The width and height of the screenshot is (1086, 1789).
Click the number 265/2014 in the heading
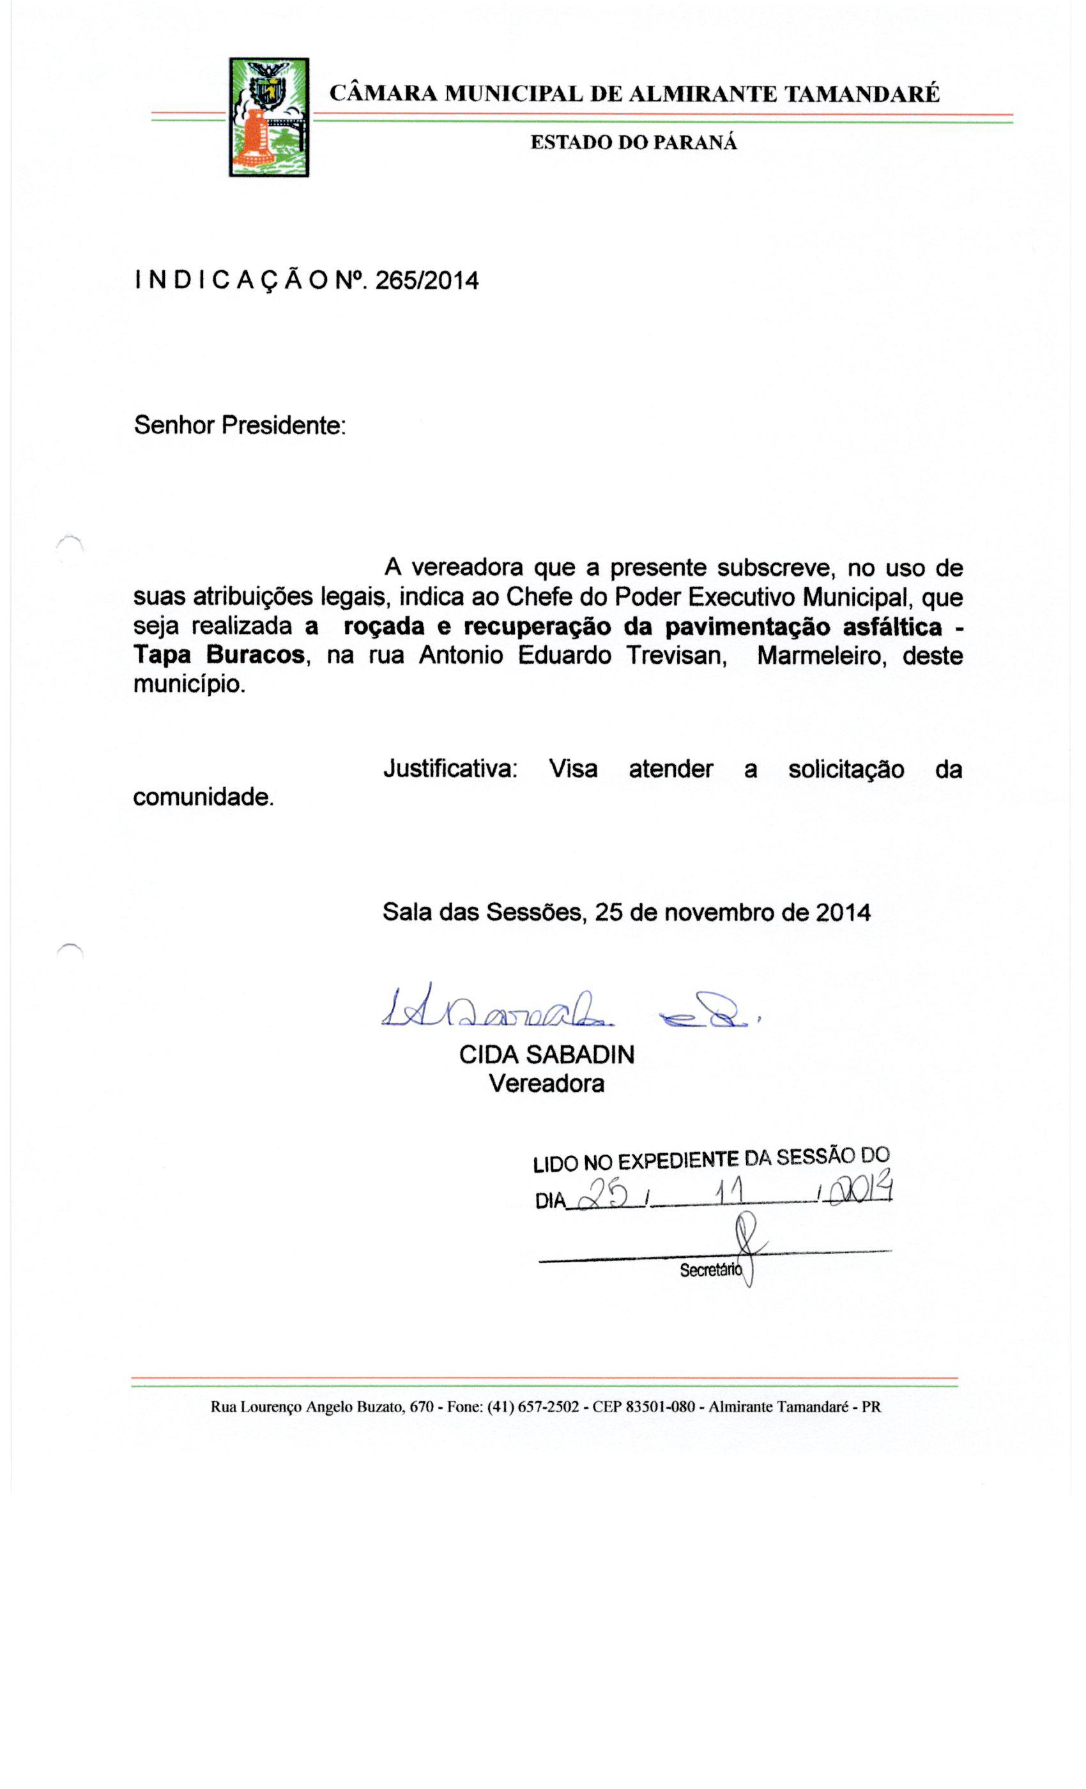coord(427,281)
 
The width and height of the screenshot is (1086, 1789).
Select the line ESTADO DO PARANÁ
coord(633,142)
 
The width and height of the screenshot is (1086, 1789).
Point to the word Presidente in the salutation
coord(283,426)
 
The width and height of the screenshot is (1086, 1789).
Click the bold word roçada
coord(383,627)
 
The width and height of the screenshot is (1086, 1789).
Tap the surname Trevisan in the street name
coord(677,656)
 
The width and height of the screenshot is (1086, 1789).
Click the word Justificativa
coord(450,769)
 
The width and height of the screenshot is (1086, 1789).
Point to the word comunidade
coord(203,797)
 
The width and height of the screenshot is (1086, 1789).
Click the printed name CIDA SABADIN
coord(547,1054)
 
